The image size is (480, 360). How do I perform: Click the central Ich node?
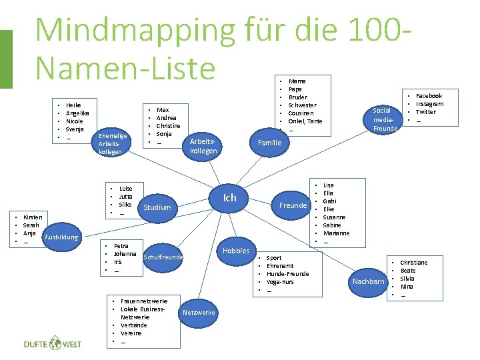(229, 198)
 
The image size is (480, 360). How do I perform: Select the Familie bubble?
(269, 143)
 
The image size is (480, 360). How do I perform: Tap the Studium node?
(157, 207)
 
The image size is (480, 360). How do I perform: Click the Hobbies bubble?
(236, 250)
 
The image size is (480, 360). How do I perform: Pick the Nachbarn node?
(368, 281)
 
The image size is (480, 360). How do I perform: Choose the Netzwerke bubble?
(199, 312)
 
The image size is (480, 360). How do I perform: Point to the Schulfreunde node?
(163, 257)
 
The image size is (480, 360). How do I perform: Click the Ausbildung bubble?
(61, 237)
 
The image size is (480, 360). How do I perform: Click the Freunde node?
(293, 205)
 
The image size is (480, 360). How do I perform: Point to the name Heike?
(73, 105)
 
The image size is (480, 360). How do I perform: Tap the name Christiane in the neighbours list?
(413, 263)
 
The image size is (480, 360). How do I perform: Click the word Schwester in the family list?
(302, 105)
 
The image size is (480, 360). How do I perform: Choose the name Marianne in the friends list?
(337, 233)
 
